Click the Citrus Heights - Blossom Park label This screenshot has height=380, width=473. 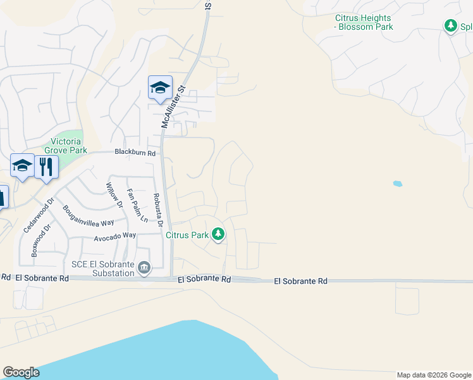(364, 22)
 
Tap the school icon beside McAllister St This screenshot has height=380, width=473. (160, 88)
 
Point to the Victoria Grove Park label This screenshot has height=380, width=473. (63, 146)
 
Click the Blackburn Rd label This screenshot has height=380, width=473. (135, 153)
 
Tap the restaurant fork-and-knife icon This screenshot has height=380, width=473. (46, 167)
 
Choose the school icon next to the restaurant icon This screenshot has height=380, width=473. (22, 167)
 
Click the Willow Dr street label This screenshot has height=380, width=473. (114, 195)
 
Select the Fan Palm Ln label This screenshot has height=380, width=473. (137, 205)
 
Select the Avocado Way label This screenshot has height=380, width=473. (115, 235)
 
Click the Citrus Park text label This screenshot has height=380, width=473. (187, 235)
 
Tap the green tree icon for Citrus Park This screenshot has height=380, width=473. (218, 235)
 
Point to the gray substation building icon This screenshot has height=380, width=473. (145, 269)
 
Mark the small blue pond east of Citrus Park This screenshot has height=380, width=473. (397, 184)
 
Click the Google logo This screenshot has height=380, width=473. (21, 372)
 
